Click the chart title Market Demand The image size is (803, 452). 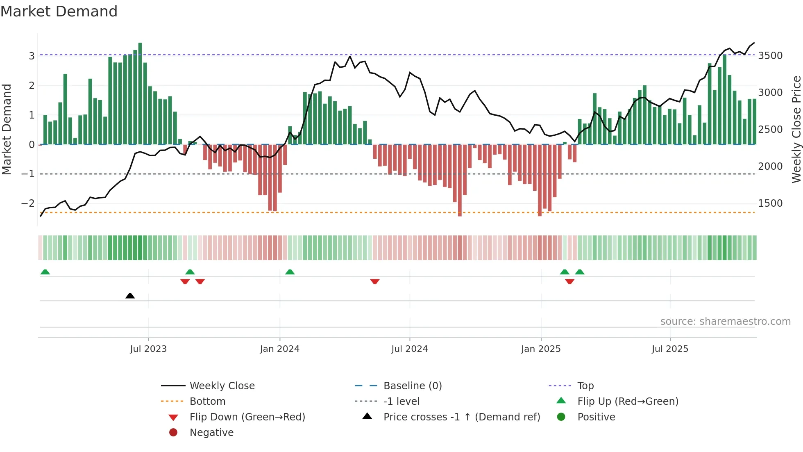(59, 11)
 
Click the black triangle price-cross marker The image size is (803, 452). (130, 296)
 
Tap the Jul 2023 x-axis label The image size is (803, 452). (148, 349)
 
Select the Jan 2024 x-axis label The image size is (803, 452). (279, 349)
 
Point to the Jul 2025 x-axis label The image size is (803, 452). (670, 349)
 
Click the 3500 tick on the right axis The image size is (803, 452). (770, 56)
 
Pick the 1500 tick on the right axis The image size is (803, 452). (770, 203)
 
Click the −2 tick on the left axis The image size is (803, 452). (28, 203)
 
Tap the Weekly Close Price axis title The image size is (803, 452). (796, 129)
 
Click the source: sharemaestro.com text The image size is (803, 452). (725, 322)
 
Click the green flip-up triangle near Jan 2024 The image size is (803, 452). (290, 272)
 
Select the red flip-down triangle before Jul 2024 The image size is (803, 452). (375, 281)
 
